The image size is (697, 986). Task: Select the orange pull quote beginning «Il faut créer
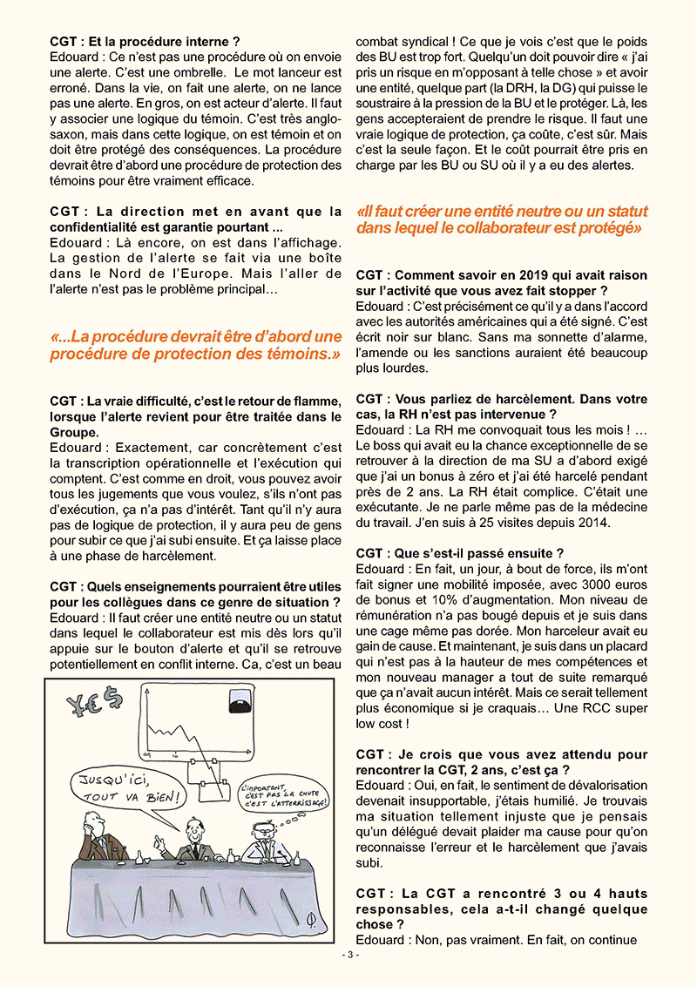[501, 219]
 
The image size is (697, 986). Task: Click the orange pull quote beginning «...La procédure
[196, 345]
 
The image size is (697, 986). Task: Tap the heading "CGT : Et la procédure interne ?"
[145, 40]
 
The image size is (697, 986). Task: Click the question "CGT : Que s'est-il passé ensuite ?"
[459, 553]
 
